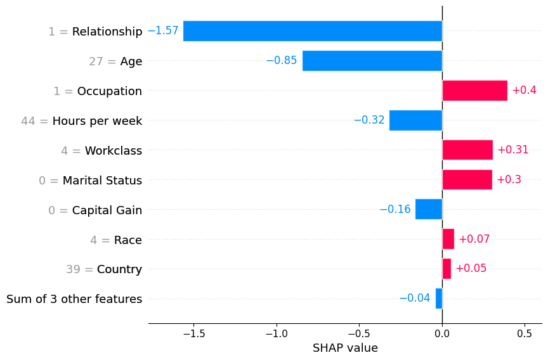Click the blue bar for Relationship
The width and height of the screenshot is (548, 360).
(x=312, y=31)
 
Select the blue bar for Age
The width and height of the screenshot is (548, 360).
(x=372, y=61)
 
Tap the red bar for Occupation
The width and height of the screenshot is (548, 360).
(x=474, y=91)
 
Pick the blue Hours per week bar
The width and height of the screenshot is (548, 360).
(x=415, y=120)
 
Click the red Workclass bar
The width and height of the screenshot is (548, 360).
(x=467, y=150)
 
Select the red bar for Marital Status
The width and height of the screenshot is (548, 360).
(x=467, y=180)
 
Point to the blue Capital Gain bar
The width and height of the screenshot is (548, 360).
(x=429, y=209)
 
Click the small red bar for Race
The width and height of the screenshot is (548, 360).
(x=448, y=239)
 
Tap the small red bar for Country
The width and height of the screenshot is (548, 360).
(x=447, y=269)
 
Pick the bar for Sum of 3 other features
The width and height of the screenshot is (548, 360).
(x=439, y=299)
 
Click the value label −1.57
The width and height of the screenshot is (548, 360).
(x=163, y=31)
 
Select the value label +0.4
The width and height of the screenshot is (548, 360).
(x=524, y=91)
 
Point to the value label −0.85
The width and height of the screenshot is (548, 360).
(x=282, y=61)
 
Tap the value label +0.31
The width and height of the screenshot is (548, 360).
(x=512, y=150)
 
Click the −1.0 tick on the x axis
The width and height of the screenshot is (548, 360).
(x=276, y=333)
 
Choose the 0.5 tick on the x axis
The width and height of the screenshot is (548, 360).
(x=525, y=333)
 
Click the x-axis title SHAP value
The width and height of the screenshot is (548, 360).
(x=345, y=348)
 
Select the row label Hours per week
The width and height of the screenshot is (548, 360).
(x=97, y=120)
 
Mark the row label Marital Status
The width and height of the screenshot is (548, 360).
(x=102, y=180)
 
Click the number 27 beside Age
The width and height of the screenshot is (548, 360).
(x=96, y=61)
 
